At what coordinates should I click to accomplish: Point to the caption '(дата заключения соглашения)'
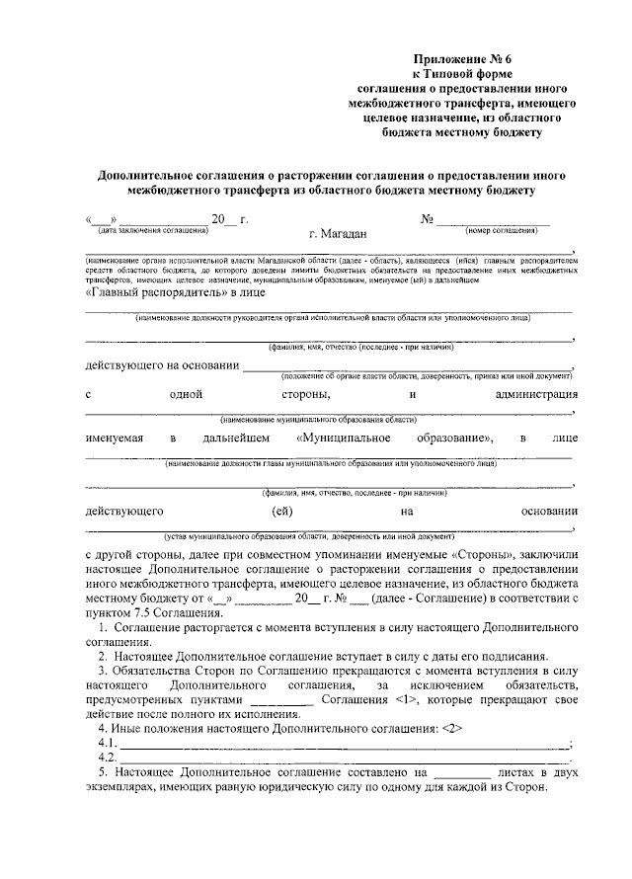click(147, 229)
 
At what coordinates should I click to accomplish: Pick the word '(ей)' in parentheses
click(281, 511)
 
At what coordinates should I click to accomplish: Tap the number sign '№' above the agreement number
click(428, 218)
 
